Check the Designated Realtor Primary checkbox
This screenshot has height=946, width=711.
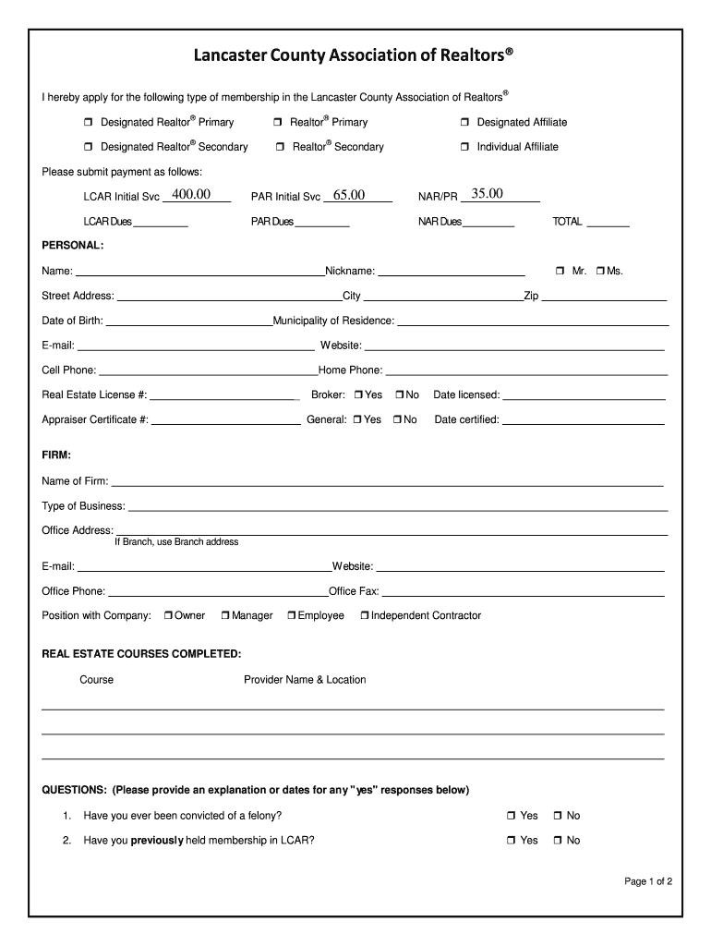[x=89, y=123]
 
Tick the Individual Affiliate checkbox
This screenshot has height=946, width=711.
[x=465, y=147]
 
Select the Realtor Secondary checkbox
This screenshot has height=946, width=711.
[x=280, y=147]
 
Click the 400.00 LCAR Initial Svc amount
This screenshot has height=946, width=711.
[x=191, y=195]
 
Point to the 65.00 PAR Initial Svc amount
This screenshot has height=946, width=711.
[x=349, y=195]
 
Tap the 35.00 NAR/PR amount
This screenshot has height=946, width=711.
[x=487, y=194]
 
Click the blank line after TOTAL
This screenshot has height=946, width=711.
[x=608, y=223]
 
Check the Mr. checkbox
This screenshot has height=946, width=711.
[x=560, y=272]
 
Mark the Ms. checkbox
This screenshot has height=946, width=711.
[x=600, y=272]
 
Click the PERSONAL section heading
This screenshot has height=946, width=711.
[x=73, y=246]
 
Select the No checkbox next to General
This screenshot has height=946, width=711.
[x=397, y=420]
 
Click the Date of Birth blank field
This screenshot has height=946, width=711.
[x=188, y=321]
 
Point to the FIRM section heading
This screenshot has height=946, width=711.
[x=56, y=455]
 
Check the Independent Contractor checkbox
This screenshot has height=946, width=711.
[x=365, y=616]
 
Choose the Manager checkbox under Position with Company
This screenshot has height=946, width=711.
[x=226, y=616]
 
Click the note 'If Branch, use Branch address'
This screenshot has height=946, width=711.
[x=176, y=542]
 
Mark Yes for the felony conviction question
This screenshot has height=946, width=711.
[x=511, y=817]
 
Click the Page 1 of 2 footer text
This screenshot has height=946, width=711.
[x=647, y=881]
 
